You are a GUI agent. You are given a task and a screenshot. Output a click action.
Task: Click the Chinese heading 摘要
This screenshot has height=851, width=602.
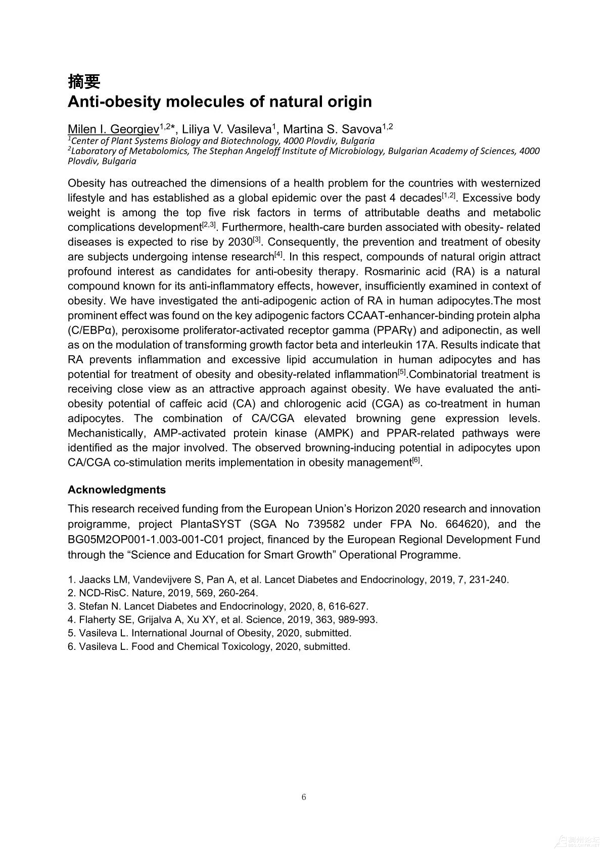tap(84, 81)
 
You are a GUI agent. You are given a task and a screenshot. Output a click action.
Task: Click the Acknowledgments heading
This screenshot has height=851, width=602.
tap(117, 490)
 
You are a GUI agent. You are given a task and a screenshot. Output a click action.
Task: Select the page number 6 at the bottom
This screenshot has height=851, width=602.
tap(303, 797)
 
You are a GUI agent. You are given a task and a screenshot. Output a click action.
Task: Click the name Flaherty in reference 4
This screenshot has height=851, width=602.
tap(97, 620)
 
